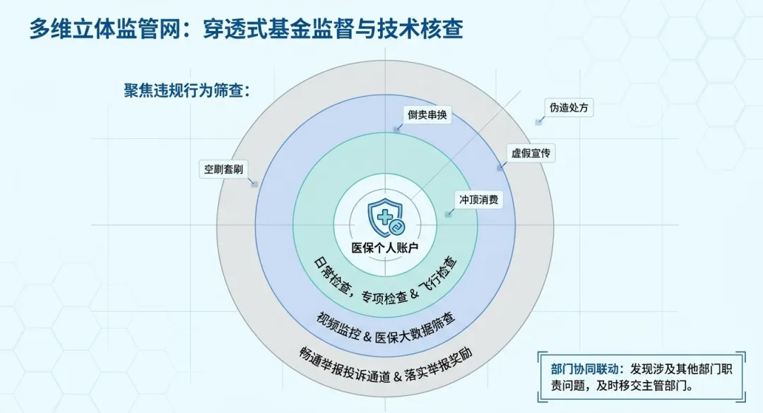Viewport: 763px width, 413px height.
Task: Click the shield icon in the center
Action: [x=386, y=218]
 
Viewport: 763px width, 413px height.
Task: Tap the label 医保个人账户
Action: [x=385, y=248]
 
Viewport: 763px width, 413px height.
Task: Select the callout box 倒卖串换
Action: [x=427, y=115]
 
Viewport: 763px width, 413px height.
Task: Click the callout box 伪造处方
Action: [x=569, y=107]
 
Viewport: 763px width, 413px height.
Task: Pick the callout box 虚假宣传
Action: [x=531, y=153]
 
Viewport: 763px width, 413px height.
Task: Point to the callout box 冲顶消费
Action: [x=479, y=200]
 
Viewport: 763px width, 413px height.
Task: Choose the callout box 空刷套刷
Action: [x=223, y=169]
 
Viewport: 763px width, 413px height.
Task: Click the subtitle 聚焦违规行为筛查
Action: [x=187, y=90]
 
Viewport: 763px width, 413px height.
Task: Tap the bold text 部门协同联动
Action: [x=584, y=369]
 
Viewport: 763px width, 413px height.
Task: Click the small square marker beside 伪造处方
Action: [x=538, y=122]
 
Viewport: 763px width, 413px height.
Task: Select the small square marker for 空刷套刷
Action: [x=254, y=184]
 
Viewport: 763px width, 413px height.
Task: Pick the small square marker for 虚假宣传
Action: [x=499, y=168]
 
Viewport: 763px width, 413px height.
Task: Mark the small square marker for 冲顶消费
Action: [x=448, y=215]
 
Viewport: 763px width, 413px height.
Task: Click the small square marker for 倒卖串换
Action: [x=397, y=129]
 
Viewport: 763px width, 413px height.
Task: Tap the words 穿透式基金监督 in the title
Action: [x=284, y=29]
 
